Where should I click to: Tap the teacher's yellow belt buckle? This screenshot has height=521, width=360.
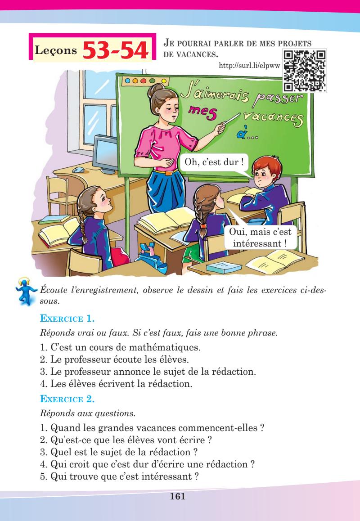pyautogui.click(x=168, y=172)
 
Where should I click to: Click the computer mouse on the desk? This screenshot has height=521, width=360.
pyautogui.click(x=79, y=170)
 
